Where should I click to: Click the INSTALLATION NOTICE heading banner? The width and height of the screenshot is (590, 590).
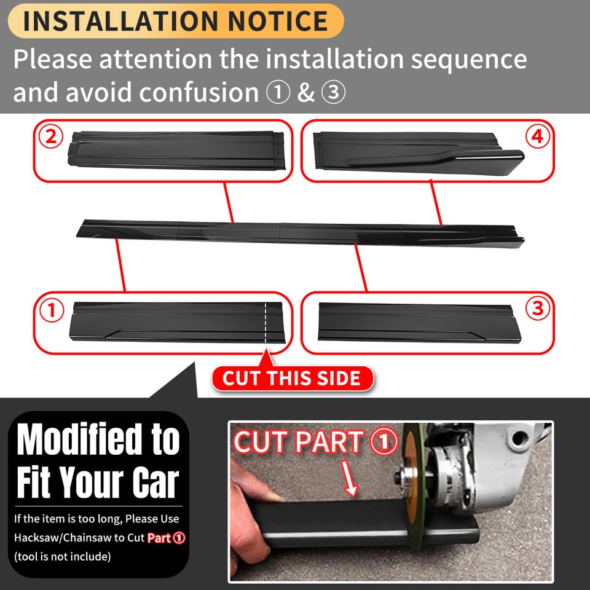point(175,21)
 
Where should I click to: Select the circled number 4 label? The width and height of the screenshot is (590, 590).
point(538,138)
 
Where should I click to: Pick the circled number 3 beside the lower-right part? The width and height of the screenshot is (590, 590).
point(538,309)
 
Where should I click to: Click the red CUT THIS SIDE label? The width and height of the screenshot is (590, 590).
point(293,378)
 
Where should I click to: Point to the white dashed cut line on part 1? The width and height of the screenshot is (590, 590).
point(266,323)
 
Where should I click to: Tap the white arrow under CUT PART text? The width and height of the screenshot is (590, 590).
point(350,480)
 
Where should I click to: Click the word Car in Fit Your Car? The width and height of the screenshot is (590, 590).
point(155,483)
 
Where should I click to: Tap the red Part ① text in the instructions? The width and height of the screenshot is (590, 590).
point(166,538)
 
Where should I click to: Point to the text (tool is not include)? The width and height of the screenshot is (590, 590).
point(62,557)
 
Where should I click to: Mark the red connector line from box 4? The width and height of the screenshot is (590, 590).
point(436,203)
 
